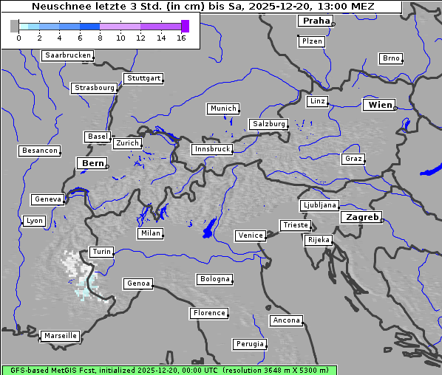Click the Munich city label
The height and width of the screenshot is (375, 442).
(223, 109)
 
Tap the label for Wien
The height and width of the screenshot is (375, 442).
(381, 105)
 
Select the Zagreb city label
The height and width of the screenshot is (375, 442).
(361, 217)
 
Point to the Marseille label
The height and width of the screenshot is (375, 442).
(60, 336)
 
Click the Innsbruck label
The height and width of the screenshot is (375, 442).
(211, 149)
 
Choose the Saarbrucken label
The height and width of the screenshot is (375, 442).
(68, 55)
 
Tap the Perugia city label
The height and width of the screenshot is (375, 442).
(250, 344)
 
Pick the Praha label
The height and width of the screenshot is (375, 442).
(315, 21)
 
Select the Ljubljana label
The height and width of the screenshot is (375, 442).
(319, 205)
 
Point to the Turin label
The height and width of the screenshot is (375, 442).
(101, 252)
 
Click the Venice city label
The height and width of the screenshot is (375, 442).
(251, 235)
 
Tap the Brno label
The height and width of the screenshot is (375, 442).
(391, 58)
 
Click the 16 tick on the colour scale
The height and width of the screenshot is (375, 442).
(181, 38)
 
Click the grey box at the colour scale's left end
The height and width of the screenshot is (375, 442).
(15, 26)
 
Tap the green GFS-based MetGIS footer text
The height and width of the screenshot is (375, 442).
(169, 370)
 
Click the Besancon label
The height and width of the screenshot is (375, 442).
(40, 151)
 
